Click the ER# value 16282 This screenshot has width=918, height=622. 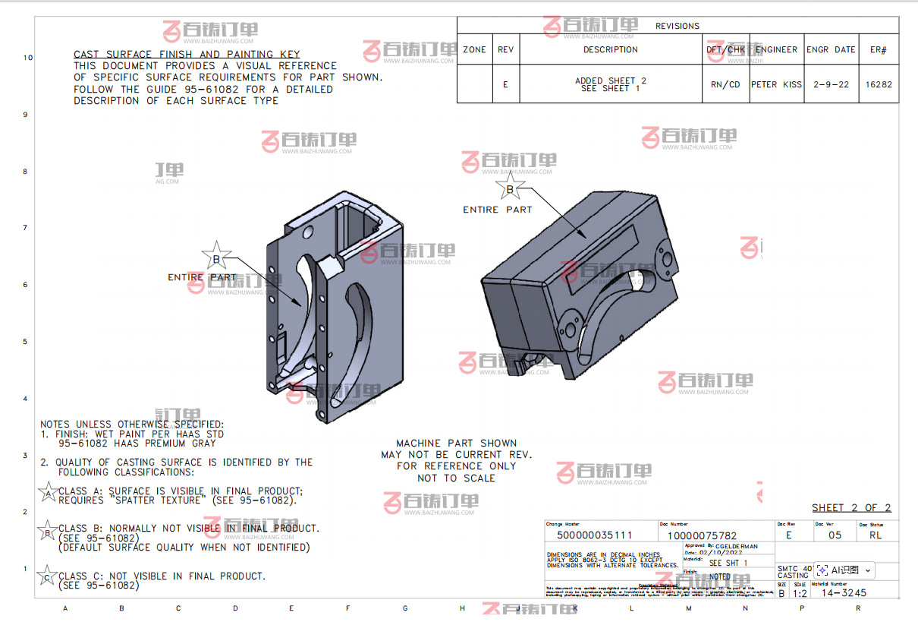pos(879,84)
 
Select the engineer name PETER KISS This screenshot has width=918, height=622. pos(776,84)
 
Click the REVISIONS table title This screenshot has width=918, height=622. pos(677,26)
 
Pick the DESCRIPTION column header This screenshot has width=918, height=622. pos(611,49)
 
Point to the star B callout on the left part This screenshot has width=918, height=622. pos(216,258)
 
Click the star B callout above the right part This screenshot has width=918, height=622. pos(510,188)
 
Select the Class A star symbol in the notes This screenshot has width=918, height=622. pos(49,494)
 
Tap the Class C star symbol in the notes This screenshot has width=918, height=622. pos(47,578)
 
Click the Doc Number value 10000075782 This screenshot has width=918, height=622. pos(702,535)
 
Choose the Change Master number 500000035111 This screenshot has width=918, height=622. pos(594,535)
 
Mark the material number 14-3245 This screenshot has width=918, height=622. pos(844,592)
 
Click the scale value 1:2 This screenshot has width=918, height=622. pos(800,593)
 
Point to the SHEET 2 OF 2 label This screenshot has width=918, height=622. pos(851,508)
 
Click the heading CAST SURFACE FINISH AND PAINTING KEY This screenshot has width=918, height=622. pos(187,55)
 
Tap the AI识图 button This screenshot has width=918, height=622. pos(844,570)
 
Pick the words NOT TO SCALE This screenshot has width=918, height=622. pos(456,478)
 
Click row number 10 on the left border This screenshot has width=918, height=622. pos(28,58)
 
